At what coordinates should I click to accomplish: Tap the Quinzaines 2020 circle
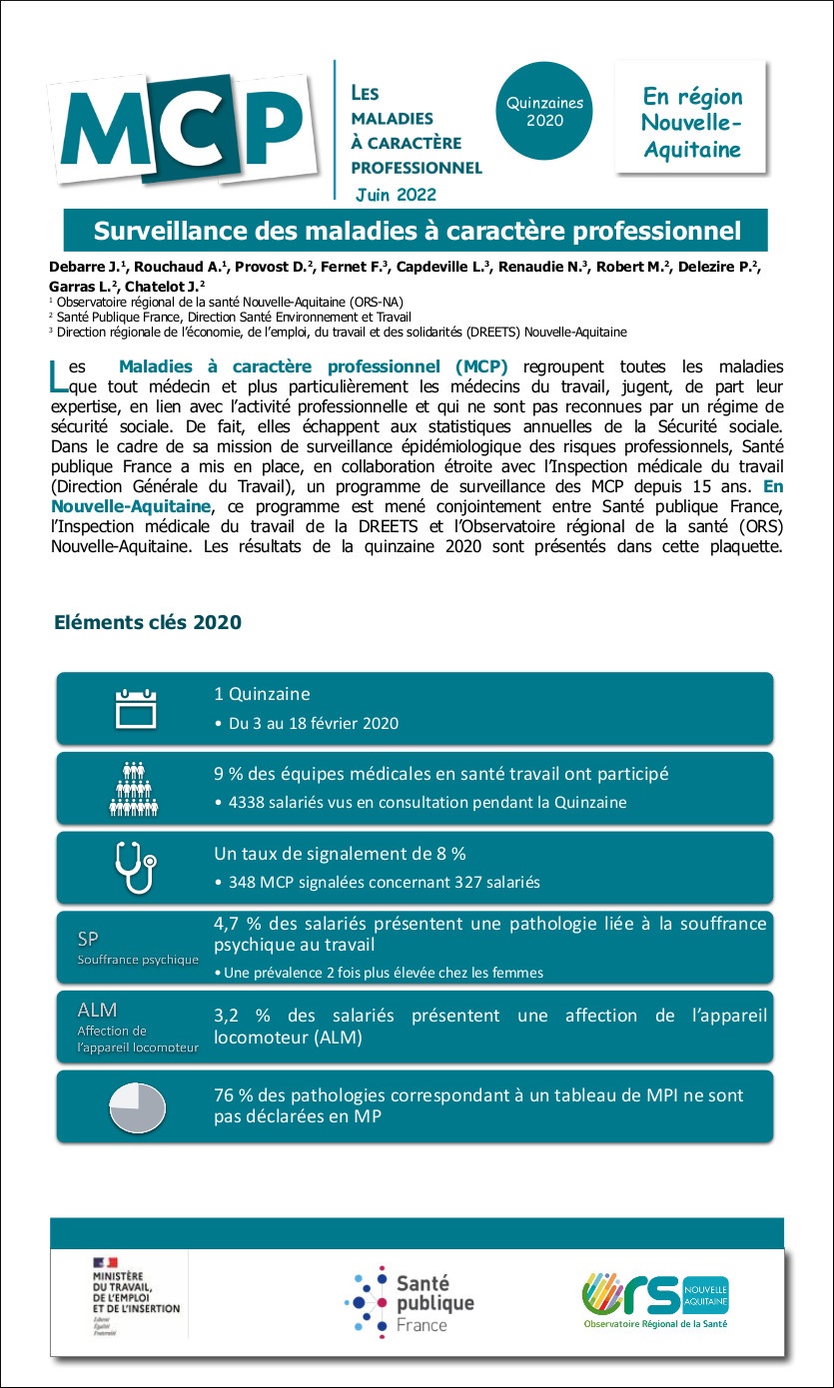pyautogui.click(x=544, y=111)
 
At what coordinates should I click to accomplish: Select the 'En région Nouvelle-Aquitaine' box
pyautogui.click(x=691, y=123)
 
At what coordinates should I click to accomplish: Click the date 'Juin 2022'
pyautogui.click(x=396, y=194)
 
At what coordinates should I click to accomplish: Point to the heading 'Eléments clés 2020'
pyautogui.click(x=148, y=622)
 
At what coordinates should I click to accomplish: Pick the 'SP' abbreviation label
pyautogui.click(x=88, y=939)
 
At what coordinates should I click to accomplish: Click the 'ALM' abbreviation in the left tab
pyautogui.click(x=97, y=1011)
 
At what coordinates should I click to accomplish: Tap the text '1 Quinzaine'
pyautogui.click(x=262, y=694)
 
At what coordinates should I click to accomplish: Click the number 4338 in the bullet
pyautogui.click(x=249, y=802)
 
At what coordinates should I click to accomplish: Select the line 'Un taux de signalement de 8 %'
pyautogui.click(x=340, y=854)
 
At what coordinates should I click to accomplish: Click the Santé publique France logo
pyautogui.click(x=411, y=1302)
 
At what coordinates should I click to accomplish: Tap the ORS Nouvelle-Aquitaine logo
pyautogui.click(x=655, y=1299)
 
